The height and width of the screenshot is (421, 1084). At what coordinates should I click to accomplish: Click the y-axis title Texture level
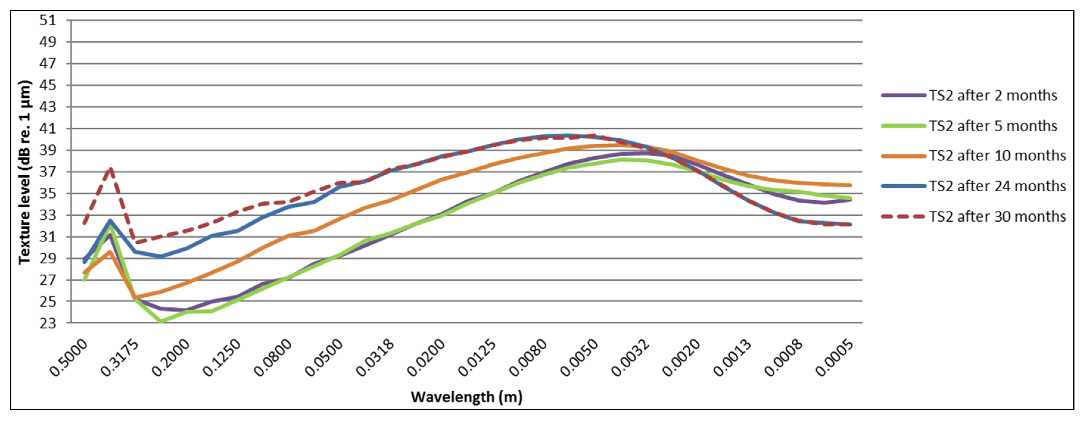pos(25,172)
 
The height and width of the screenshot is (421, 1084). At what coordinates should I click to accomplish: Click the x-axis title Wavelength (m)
pos(466,397)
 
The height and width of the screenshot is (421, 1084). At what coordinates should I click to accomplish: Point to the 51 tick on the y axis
pos(48,20)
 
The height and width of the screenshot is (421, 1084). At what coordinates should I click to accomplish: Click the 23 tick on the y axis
pos(48,323)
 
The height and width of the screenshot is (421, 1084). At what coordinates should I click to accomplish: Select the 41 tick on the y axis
pos(48,128)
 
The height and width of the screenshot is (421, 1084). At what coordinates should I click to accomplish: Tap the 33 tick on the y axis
pos(48,215)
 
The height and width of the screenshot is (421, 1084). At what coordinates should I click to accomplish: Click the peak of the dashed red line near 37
pos(110,169)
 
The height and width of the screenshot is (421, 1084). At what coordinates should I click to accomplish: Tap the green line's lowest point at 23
pos(161,322)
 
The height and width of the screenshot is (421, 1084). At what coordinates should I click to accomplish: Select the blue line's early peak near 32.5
pos(110,220)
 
